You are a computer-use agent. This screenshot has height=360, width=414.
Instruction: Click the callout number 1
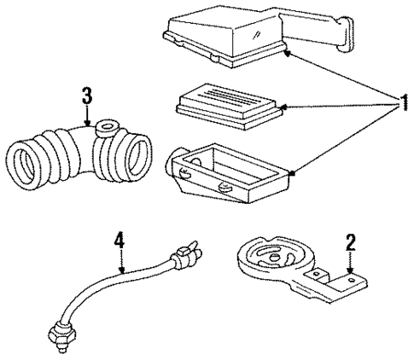404,103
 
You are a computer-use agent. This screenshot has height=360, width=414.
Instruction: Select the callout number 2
351,242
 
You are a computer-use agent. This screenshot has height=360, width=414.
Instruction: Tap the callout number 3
87,96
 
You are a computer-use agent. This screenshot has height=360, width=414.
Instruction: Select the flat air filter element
230,107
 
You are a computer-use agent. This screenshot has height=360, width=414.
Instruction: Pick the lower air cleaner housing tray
228,173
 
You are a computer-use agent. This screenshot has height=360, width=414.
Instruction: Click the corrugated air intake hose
79,154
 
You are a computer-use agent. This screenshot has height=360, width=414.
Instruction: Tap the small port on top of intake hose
108,127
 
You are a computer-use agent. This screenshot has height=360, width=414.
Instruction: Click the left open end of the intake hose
23,164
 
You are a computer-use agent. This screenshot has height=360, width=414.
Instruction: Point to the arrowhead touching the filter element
283,107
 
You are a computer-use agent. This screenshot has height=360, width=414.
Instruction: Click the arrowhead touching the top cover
288,53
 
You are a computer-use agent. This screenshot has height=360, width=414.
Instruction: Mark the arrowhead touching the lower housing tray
293,172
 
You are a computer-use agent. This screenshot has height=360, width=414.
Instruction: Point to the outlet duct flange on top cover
346,35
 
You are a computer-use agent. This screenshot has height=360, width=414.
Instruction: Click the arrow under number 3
87,115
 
